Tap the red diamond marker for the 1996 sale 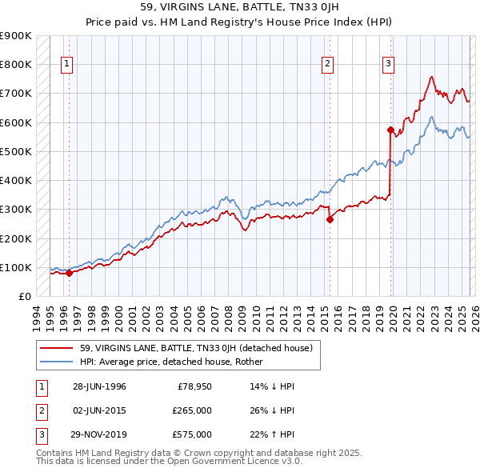coord(69,273)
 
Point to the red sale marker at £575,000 coord(390,129)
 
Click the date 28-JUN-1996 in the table coord(99,386)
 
